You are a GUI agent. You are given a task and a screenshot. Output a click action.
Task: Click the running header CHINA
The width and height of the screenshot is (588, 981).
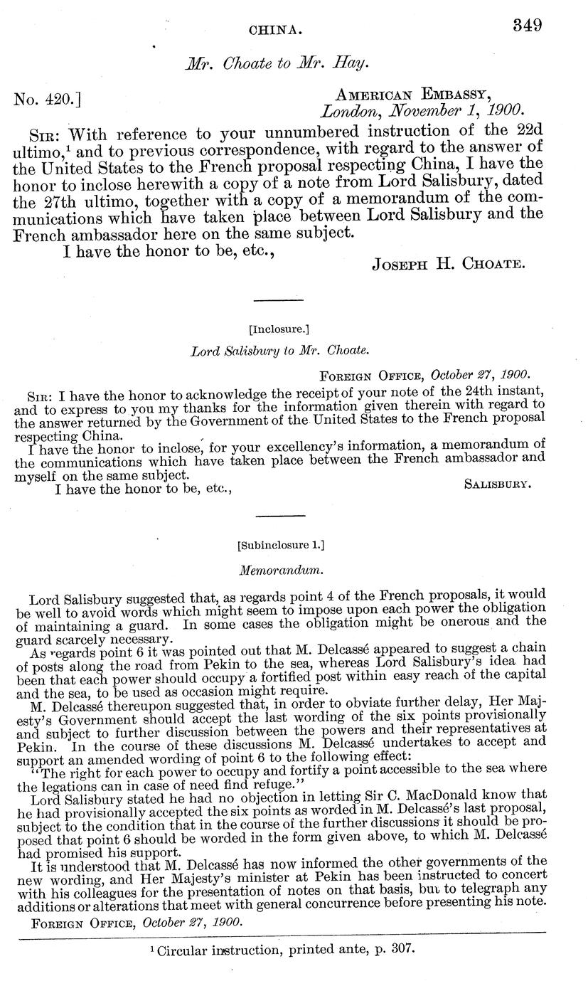276,31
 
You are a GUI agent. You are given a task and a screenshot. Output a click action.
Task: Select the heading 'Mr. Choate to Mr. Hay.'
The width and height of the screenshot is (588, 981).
277,63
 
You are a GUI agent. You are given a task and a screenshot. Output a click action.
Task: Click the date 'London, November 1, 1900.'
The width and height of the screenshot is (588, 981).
422,111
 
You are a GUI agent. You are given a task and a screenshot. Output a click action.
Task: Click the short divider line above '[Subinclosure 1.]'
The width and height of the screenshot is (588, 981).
279,515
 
